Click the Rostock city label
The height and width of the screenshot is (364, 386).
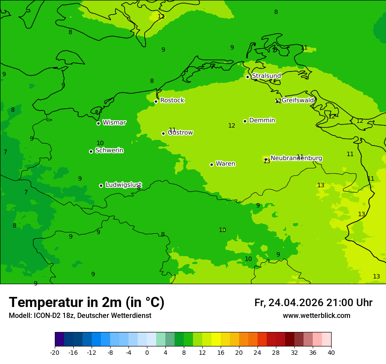coord(172,100)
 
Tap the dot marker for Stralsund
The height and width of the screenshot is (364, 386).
coord(247,77)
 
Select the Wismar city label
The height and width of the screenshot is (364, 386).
coord(114,122)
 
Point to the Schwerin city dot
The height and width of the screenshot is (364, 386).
coord(91,151)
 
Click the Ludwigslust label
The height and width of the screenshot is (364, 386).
coord(123,185)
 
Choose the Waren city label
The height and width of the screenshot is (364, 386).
coord(225,164)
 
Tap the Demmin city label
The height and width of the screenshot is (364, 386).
coord(262,120)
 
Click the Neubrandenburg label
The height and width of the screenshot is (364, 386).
coord(296,158)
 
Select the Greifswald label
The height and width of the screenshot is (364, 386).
coord(298,100)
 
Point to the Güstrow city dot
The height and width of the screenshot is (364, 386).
coord(163,133)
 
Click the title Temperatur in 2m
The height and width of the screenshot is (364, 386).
coord(86,302)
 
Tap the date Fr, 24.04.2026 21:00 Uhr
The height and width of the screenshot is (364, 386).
coord(313,303)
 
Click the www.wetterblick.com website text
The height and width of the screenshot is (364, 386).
coord(316,316)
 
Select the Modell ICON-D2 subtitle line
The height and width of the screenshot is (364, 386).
coord(80,316)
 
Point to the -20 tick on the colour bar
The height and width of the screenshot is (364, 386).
coord(55,353)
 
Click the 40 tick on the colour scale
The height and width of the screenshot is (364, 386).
coord(331,353)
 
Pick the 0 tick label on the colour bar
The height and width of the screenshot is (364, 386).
coord(147,353)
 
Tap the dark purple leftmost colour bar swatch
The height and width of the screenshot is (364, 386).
coord(59,339)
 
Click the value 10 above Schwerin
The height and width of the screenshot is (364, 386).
coord(100,143)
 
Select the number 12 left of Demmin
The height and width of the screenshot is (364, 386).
coord(232,126)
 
